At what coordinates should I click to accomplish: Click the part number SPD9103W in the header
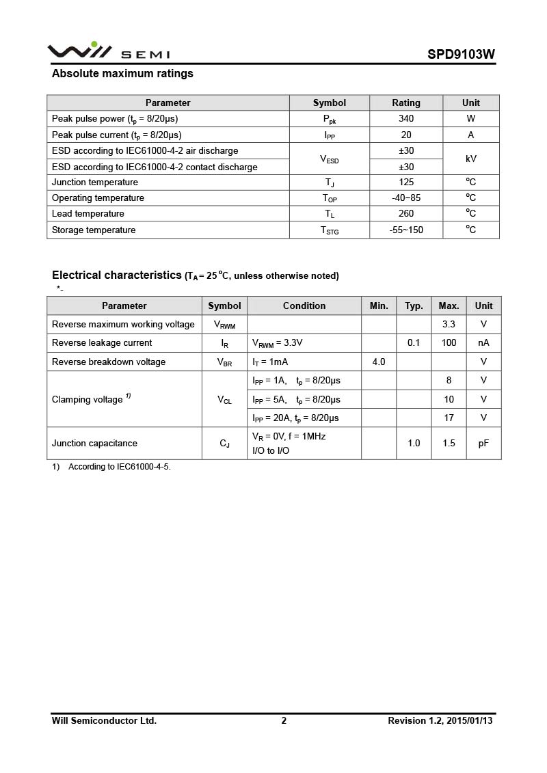click(462, 55)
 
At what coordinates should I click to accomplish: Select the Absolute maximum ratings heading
click(122, 74)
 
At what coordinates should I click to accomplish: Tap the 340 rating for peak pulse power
click(406, 118)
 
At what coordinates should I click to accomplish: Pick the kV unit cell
click(470, 159)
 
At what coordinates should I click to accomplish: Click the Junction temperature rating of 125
click(406, 182)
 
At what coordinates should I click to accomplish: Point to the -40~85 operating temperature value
click(406, 198)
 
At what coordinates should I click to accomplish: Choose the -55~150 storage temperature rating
click(406, 230)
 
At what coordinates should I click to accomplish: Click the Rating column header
click(406, 103)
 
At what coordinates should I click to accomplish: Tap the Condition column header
click(304, 306)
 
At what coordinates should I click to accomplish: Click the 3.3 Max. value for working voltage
click(449, 324)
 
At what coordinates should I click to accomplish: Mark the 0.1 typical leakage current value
click(414, 342)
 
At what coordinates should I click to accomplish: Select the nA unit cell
click(483, 342)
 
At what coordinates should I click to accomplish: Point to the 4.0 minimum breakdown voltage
click(379, 362)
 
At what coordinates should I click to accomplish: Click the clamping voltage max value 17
click(449, 418)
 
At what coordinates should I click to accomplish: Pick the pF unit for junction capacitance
click(483, 443)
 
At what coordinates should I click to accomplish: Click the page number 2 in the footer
click(284, 720)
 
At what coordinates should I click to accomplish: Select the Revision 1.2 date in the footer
click(440, 720)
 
